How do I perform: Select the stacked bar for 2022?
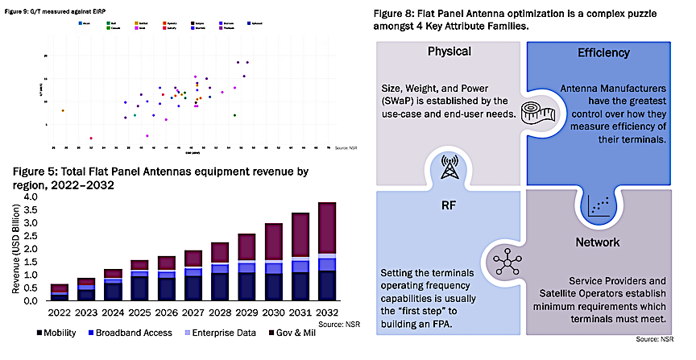coord(60,292)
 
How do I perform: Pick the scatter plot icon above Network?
coord(597,208)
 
